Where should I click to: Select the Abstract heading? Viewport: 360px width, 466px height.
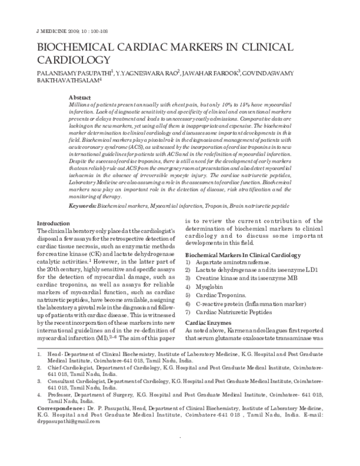80,97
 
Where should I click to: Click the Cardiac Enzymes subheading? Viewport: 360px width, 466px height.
209,306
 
